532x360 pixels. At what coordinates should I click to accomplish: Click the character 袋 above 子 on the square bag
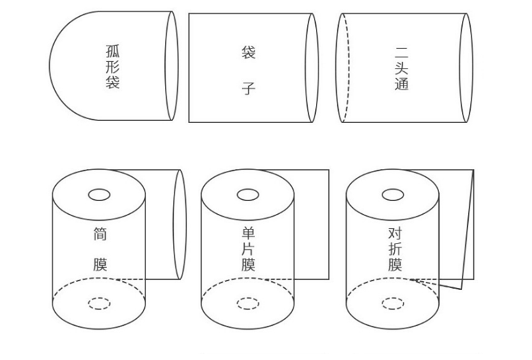point(248,51)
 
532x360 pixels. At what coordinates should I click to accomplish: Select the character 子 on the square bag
point(248,87)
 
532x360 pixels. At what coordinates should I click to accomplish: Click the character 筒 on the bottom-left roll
point(100,234)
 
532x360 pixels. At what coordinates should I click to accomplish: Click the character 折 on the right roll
point(395,250)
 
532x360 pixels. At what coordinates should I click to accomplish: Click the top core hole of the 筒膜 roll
point(99,195)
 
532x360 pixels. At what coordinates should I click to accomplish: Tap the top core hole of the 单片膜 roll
point(248,195)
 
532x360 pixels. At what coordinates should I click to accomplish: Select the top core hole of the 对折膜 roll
point(393,195)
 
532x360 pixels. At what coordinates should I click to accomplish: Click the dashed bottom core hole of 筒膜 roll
point(99,303)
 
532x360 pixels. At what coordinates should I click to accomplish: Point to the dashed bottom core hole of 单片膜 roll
point(248,303)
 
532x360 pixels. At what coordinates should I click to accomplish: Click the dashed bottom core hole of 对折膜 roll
point(393,303)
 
